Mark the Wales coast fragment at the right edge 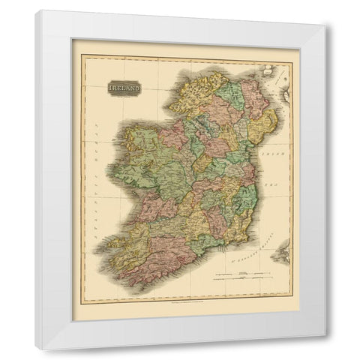click(282, 252)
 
